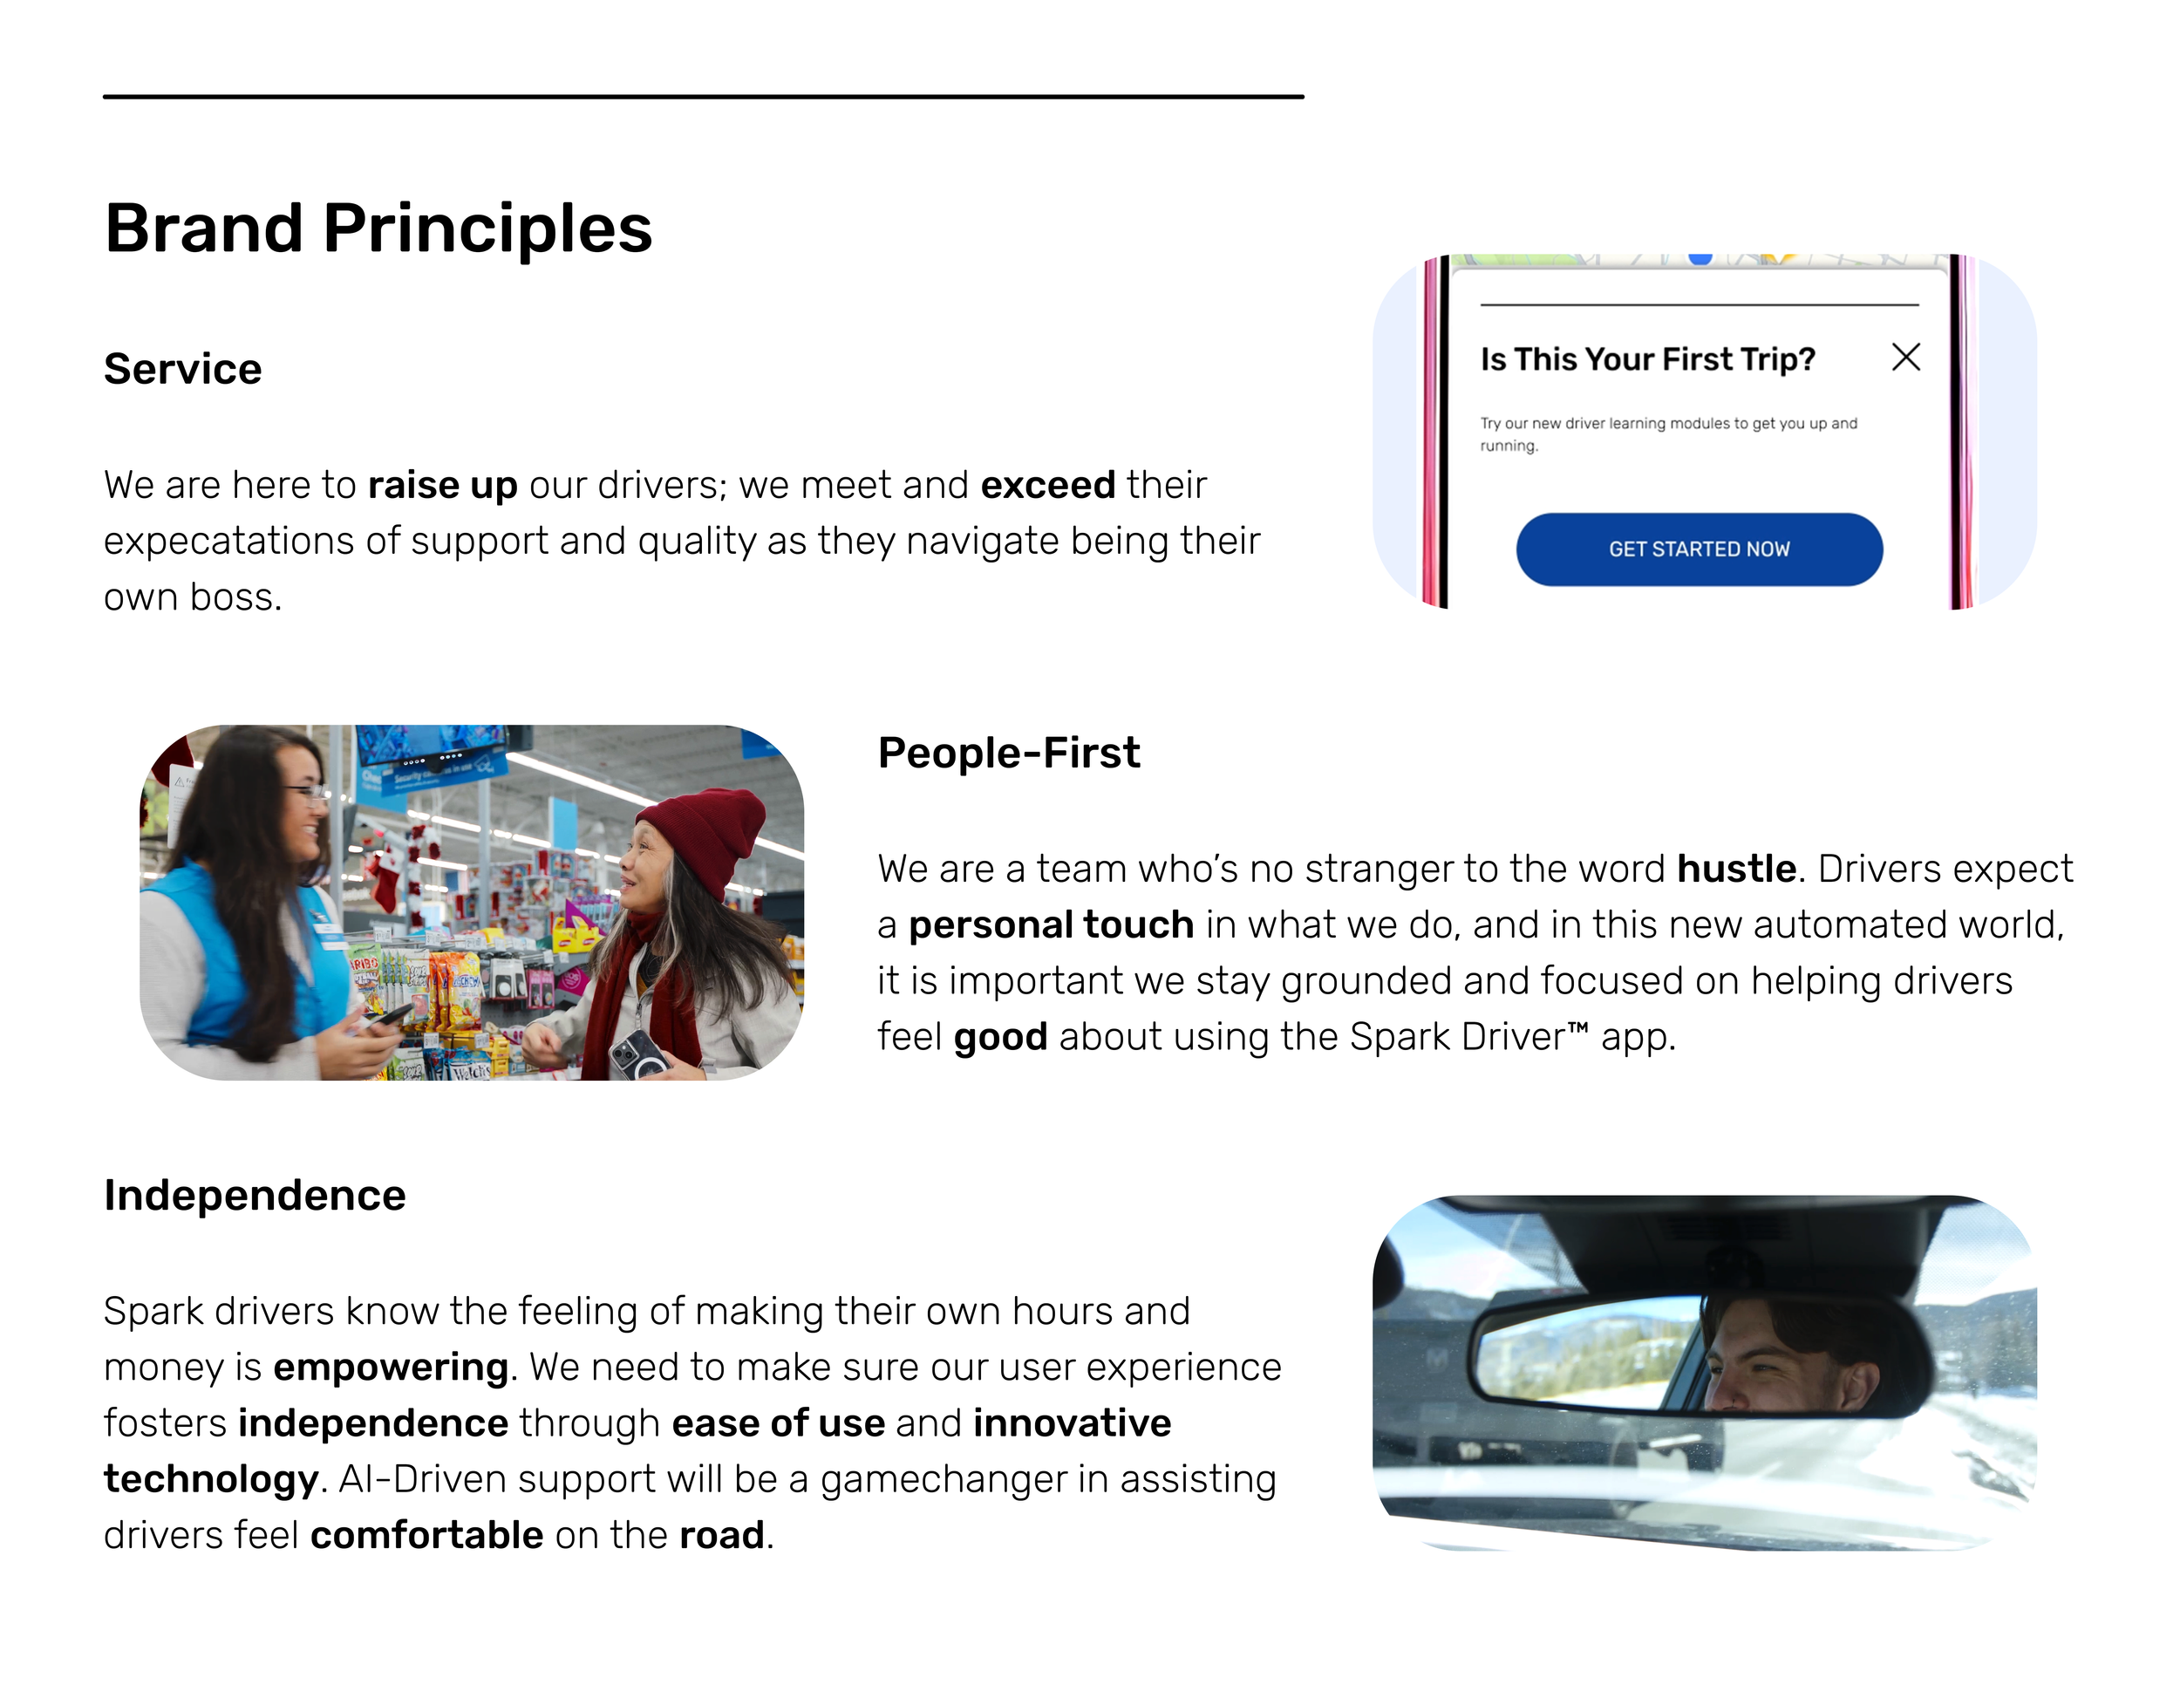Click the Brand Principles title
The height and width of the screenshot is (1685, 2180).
pos(378,229)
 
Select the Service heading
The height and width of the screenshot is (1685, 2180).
pos(182,369)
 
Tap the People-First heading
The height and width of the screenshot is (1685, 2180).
pos(1008,753)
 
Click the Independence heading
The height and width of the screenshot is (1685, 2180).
pos(255,1195)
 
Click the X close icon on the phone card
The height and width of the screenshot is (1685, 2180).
pos(1905,358)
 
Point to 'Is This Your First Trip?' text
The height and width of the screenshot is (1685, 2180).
pos(1647,359)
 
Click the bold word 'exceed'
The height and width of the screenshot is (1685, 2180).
pos(1047,485)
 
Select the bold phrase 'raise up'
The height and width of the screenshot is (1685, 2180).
pos(442,485)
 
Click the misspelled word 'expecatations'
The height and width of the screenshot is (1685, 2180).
pos(228,541)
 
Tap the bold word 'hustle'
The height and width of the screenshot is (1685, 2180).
pos(1736,869)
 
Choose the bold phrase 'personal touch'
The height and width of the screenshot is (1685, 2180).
pos(1051,924)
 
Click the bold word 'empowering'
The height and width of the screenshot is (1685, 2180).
pos(391,1367)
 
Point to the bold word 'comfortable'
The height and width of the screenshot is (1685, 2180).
pos(426,1534)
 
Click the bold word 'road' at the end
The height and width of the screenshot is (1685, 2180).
pos(720,1534)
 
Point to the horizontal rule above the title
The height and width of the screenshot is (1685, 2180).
pos(703,97)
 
